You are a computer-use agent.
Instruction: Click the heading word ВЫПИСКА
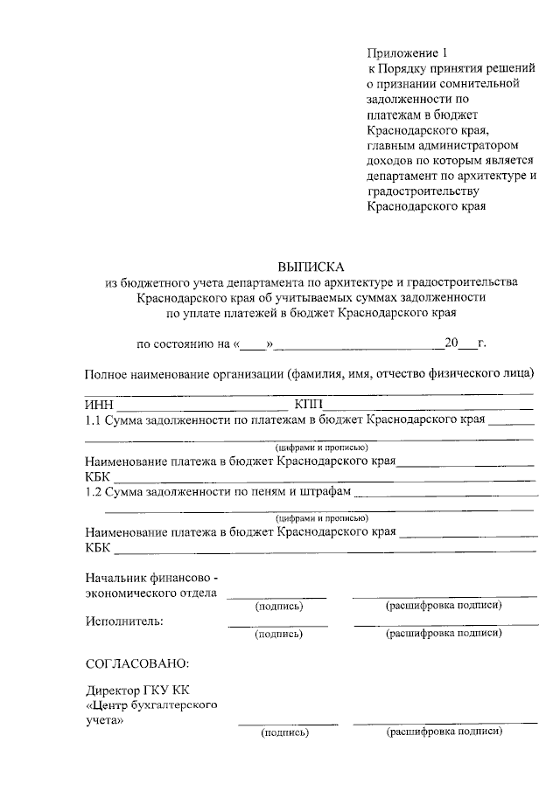coord(311,267)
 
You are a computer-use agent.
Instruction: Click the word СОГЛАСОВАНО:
coord(136,665)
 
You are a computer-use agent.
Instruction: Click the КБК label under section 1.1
coord(98,477)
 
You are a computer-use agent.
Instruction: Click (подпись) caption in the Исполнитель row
coord(278,635)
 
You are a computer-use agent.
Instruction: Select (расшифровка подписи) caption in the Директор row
coord(444,732)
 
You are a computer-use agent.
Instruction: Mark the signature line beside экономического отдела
coord(276,597)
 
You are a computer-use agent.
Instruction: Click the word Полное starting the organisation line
coord(107,375)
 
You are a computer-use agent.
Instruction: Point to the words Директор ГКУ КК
coord(136,690)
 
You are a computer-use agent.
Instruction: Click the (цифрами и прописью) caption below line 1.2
coord(314,517)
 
